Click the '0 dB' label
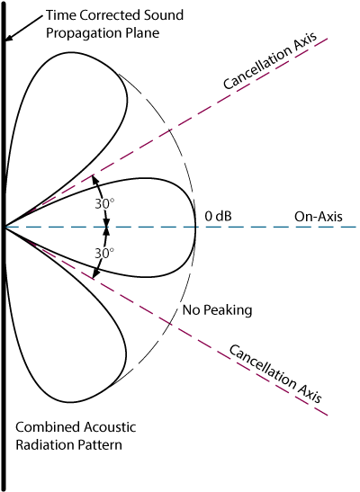click(219, 216)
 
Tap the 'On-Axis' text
click(316, 217)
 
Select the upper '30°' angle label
click(105, 203)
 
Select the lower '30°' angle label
click(105, 254)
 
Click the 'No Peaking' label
click(216, 310)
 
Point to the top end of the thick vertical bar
click(6, 3)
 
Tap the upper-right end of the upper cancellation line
click(329, 40)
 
